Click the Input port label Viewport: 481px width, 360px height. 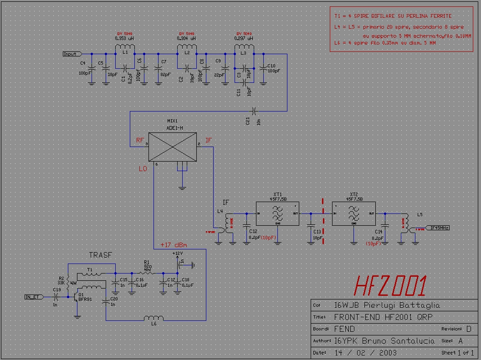(x=71, y=54)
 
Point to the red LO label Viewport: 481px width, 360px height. (x=143, y=169)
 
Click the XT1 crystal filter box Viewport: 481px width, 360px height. (x=277, y=213)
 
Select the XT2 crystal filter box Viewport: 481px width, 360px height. (x=353, y=213)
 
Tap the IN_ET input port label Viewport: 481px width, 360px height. (x=33, y=297)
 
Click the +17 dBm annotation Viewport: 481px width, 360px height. (x=174, y=245)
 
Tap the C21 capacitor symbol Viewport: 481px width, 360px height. (x=254, y=111)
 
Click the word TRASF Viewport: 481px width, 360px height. (x=100, y=255)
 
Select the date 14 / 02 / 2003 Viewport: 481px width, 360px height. (x=366, y=352)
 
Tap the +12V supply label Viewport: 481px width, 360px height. (x=177, y=253)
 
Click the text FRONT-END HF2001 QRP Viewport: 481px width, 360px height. (x=384, y=317)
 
